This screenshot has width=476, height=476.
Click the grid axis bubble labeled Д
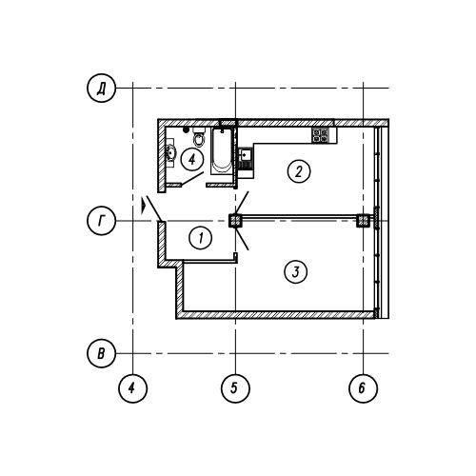[101, 89]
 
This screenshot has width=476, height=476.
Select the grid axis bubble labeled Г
[101, 221]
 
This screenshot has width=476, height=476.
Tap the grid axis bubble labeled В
[101, 353]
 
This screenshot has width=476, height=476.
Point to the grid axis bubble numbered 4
[133, 388]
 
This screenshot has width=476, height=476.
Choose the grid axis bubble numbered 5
[235, 388]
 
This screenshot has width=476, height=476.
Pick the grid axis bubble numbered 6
[364, 388]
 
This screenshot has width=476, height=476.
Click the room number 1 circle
[201, 238]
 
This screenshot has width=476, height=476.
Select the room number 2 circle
[299, 171]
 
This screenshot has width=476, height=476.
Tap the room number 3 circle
[296, 272]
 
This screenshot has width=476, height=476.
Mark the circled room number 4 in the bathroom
[192, 160]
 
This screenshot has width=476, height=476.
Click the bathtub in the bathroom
[222, 150]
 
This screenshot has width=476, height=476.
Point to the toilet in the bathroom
[199, 137]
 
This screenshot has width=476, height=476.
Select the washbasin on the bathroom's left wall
[170, 153]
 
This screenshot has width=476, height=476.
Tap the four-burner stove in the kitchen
[320, 135]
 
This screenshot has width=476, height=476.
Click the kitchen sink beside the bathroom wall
[246, 155]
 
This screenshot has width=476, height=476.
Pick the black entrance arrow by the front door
[144, 206]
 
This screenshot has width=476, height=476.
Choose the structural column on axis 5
[235, 221]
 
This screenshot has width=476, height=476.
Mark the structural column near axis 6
[364, 221]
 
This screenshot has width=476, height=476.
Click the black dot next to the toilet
[187, 129]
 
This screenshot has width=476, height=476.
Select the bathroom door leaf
[192, 178]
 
